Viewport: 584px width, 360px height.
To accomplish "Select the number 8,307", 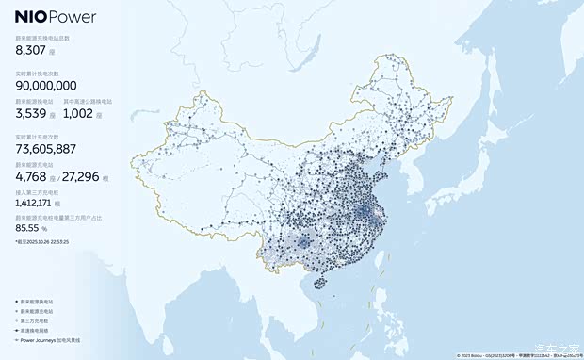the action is click(x=32, y=53).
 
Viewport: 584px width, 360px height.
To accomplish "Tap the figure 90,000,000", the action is click(x=46, y=86).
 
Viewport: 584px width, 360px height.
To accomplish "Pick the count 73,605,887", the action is click(x=46, y=149).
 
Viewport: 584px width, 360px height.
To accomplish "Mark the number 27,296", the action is click(x=89, y=175).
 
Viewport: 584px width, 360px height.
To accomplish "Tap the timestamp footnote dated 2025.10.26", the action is click(x=42, y=242).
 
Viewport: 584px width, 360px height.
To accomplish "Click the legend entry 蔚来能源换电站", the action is click(x=39, y=303).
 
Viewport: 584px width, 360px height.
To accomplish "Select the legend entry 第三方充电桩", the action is click(x=37, y=321).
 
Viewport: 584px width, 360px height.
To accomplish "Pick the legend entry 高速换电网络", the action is click(x=37, y=331).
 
